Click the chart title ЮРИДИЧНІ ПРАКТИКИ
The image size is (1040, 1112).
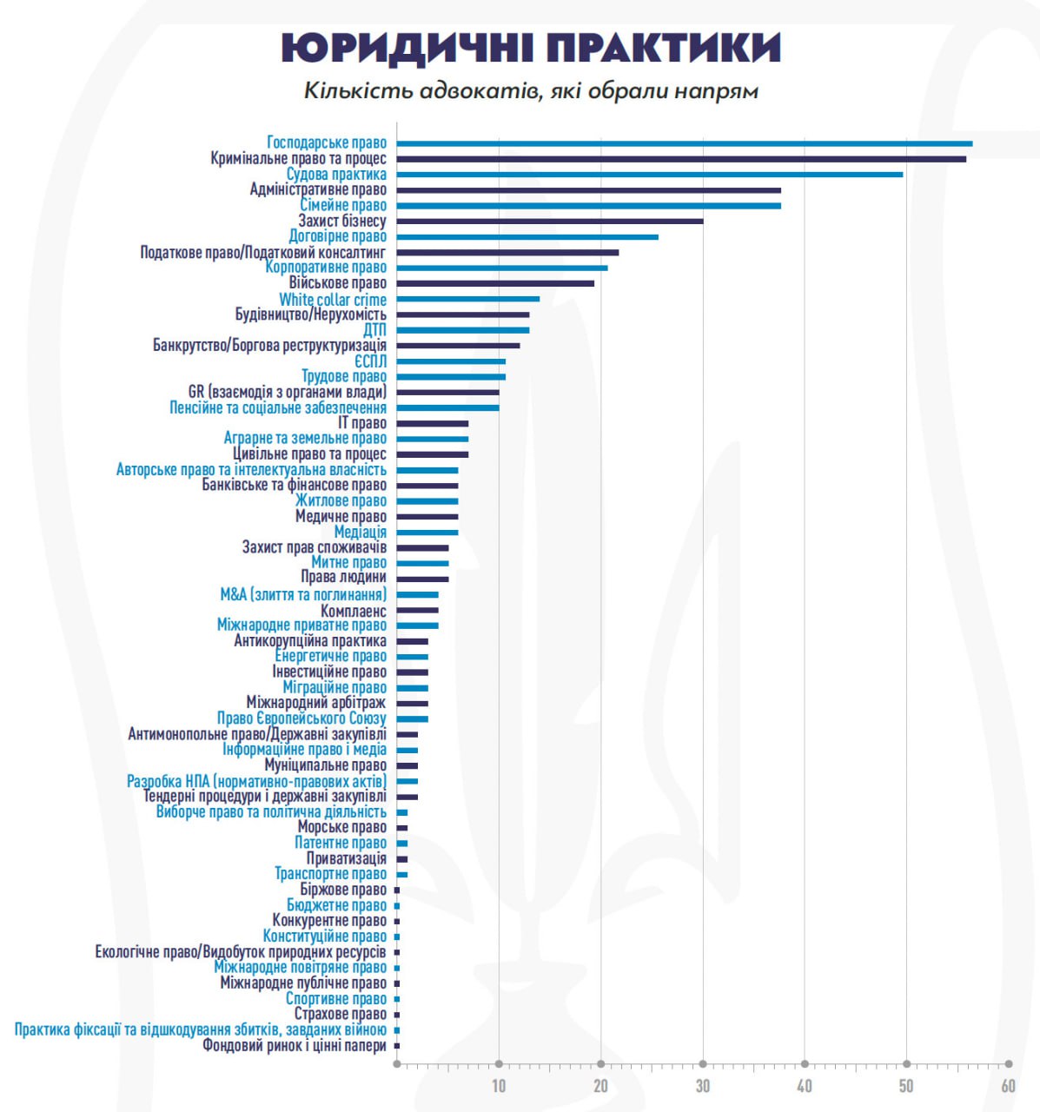pos(531,48)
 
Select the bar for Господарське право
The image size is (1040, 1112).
pos(685,143)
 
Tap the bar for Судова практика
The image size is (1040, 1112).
pos(650,175)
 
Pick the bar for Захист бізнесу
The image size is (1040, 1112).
pos(550,222)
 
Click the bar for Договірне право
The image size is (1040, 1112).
pos(527,237)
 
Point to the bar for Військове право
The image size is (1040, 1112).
pos(495,283)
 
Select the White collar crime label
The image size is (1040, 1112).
pos(333,300)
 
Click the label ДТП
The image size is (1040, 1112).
pos(374,330)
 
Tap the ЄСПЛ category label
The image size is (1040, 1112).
pos(370,361)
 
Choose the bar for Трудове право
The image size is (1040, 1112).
pos(451,377)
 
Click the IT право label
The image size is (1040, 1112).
pos(362,423)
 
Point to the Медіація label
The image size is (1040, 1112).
pos(361,532)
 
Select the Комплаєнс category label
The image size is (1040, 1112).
pos(354,611)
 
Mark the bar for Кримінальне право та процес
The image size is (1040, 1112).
pos(681,159)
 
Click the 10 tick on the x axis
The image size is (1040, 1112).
pos(499,1085)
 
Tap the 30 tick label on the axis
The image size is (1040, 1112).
pos(703,1085)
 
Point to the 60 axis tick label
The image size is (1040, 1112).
pos(1008,1085)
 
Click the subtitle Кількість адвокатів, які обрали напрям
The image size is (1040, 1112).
pos(531,90)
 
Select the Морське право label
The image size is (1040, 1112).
pos(342,827)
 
